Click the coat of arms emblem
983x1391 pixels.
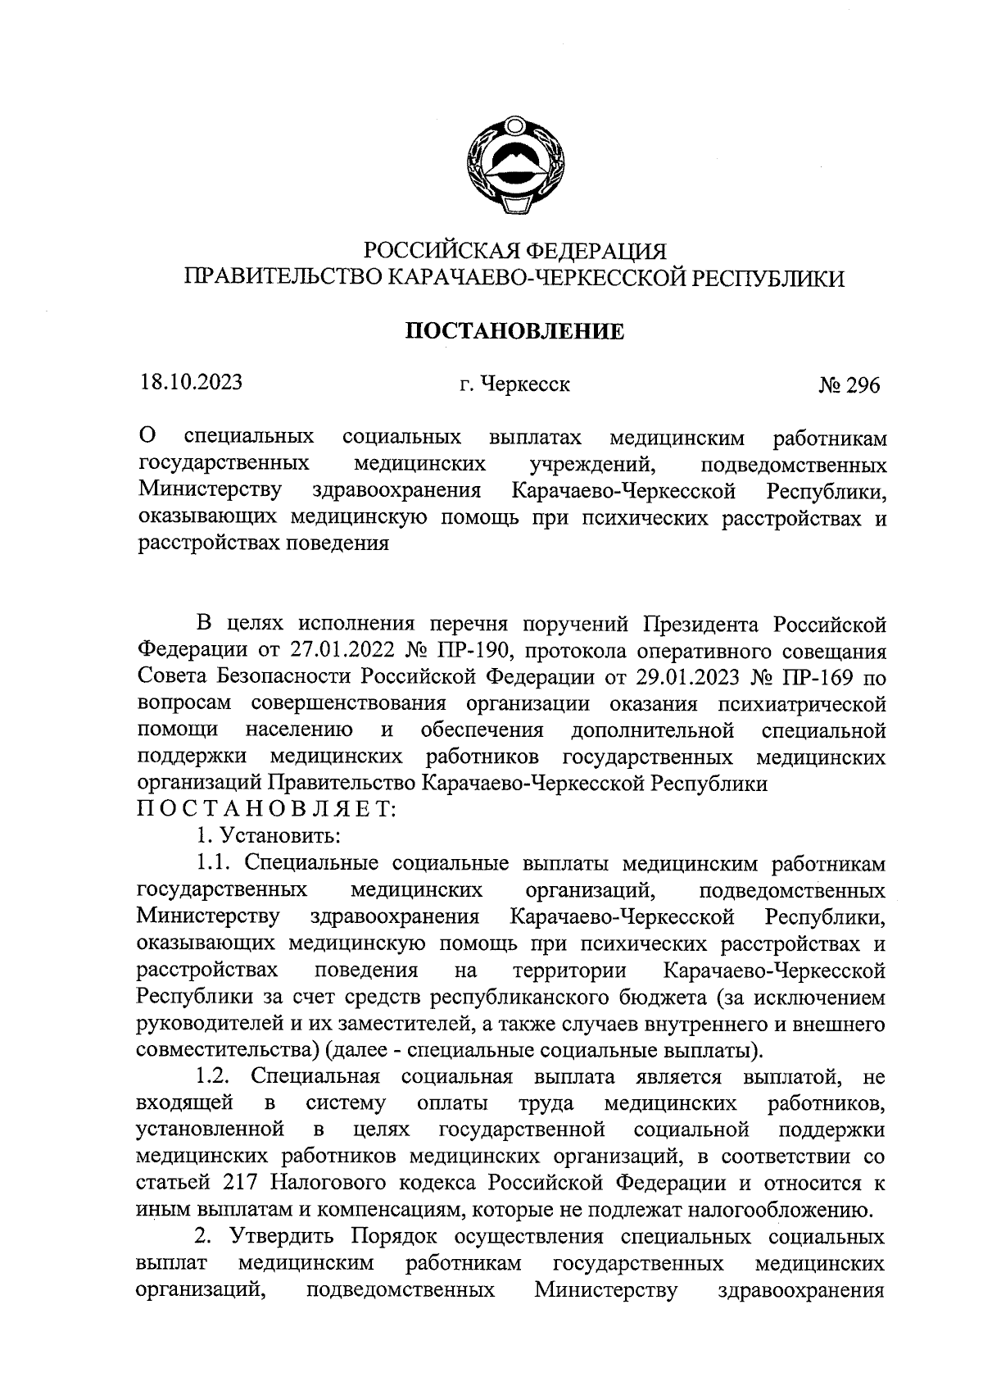[514, 166]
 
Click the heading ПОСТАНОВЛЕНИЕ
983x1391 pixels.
[515, 331]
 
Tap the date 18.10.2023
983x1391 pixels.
[190, 383]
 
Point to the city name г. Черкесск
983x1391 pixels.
[514, 384]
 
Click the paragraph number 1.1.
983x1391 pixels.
[215, 863]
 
